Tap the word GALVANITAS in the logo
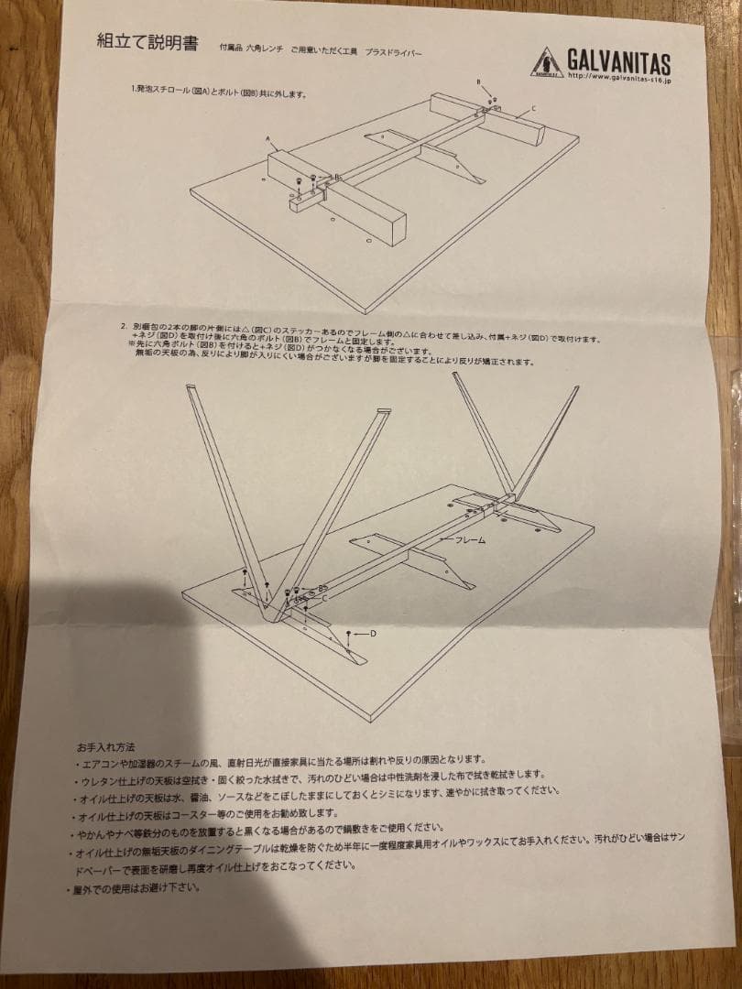[618, 63]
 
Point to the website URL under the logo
[619, 80]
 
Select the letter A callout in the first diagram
[269, 139]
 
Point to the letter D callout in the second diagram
[373, 633]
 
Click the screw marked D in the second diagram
[350, 636]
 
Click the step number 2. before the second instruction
[122, 326]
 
